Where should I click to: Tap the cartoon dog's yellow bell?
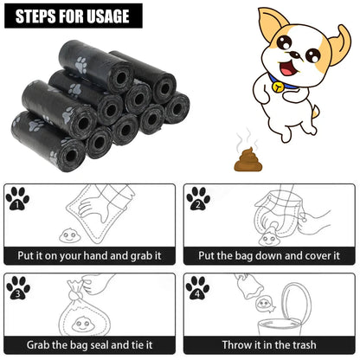[x=274, y=87]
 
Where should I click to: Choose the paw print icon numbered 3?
[x=17, y=287]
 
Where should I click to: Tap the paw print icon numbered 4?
[x=198, y=287]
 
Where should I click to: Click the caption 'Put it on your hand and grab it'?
[x=90, y=256]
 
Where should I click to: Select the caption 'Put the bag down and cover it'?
[x=270, y=256]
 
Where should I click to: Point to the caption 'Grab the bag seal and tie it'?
[x=90, y=344]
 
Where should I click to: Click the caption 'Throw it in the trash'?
[x=270, y=344]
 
